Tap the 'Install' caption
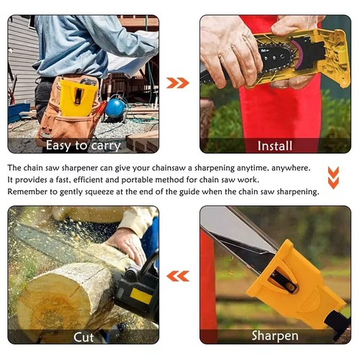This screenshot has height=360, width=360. pos(275,145)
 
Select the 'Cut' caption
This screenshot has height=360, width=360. pos(84,336)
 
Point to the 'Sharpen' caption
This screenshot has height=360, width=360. pos(275,336)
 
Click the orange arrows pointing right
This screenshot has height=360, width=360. pos(178,83)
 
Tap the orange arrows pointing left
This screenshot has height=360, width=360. pos(178,275)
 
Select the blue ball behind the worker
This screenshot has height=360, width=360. pos(115,109)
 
